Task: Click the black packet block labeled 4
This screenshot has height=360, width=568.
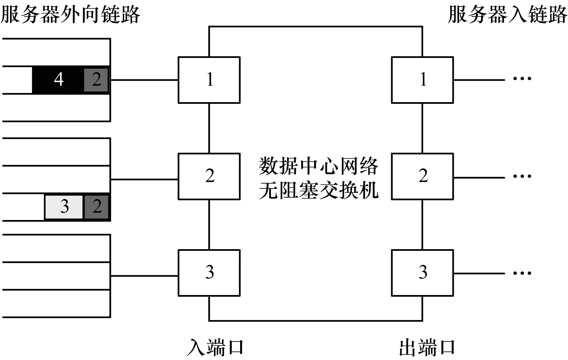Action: (x=58, y=80)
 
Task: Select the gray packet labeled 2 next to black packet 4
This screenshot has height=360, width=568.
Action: (x=96, y=80)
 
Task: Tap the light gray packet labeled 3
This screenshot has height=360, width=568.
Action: (x=64, y=207)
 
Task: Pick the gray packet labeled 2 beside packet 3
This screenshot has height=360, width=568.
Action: (x=97, y=207)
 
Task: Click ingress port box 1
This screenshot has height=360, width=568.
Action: (x=209, y=80)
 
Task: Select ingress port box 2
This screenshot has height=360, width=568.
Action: (x=209, y=176)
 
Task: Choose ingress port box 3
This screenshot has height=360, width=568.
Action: (x=209, y=273)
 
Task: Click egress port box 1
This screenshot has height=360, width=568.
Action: (x=422, y=80)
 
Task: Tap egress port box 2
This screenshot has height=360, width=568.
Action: (x=422, y=176)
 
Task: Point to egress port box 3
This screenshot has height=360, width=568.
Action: (x=422, y=273)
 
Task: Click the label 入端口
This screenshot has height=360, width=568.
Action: (x=215, y=347)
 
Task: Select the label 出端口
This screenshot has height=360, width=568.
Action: (x=427, y=347)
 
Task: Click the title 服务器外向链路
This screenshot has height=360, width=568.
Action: (x=70, y=14)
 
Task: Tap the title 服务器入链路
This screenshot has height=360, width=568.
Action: (x=507, y=14)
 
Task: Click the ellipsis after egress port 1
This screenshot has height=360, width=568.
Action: (x=522, y=79)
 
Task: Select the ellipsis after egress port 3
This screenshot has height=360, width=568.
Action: (x=522, y=273)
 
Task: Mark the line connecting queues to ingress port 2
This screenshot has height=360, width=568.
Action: (x=144, y=179)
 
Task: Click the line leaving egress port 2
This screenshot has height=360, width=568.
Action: (x=479, y=177)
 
